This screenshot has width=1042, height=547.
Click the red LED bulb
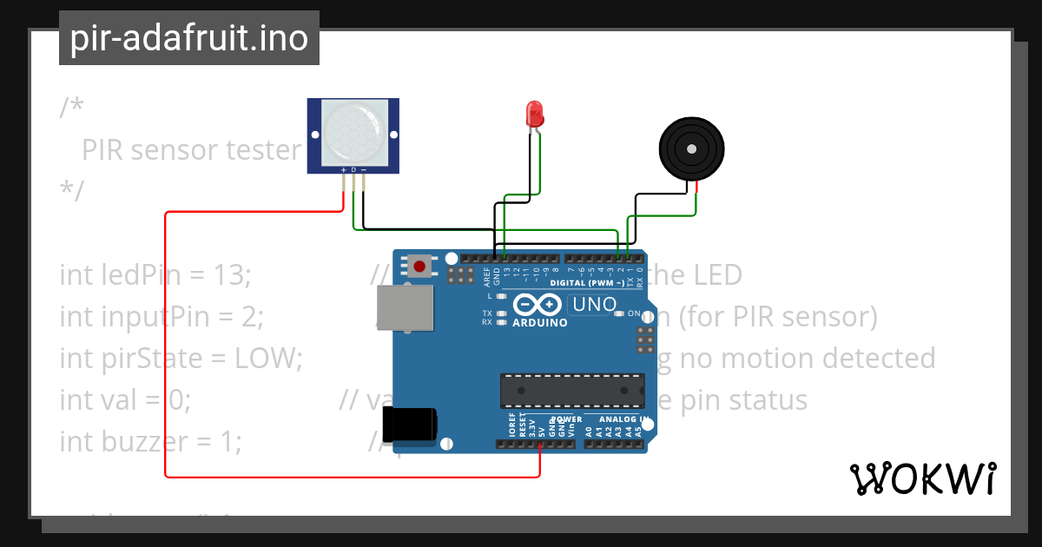[x=534, y=114]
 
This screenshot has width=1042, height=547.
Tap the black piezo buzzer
[x=691, y=149]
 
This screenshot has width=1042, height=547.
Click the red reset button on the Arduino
[x=421, y=266]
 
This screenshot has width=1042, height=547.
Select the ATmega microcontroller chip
[x=572, y=390]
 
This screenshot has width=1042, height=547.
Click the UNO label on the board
[x=593, y=305]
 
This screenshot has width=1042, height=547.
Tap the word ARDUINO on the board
[x=540, y=323]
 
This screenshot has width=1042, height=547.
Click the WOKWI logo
[x=922, y=478]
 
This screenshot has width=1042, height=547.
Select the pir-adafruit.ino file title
[x=188, y=38]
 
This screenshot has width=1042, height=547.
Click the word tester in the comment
[x=263, y=150]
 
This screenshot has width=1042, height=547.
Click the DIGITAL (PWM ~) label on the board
[x=588, y=283]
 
